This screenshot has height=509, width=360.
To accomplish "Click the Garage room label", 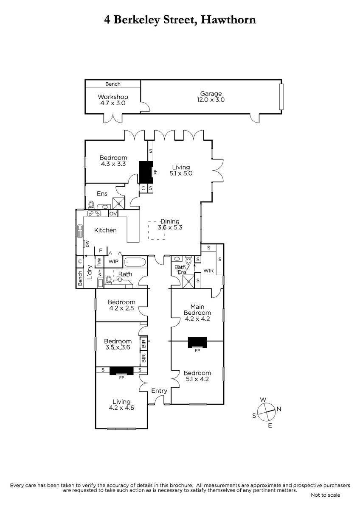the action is [211, 93].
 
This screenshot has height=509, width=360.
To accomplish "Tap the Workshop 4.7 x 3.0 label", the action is [113, 100].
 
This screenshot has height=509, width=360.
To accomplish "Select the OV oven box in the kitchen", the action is [113, 213].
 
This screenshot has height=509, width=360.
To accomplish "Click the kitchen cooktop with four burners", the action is [94, 213].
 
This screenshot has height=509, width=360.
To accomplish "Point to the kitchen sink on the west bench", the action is [80, 231].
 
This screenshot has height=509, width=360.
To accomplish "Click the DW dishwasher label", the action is [87, 244].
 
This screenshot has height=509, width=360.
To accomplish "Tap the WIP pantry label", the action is [113, 261].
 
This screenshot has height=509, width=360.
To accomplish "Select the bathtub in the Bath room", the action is [135, 262].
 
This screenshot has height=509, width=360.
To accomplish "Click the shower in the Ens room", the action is [119, 203].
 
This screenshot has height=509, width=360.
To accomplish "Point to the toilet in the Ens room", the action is [91, 204].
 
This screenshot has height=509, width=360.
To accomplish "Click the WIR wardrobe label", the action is [208, 271].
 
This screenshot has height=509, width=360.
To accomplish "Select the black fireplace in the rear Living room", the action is [146, 172].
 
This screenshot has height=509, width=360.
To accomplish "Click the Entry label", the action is [159, 391].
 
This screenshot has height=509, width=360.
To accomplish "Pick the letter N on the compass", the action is [279, 409].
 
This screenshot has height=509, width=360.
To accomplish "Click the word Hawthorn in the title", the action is [228, 20].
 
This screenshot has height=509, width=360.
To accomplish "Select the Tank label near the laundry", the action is [99, 262].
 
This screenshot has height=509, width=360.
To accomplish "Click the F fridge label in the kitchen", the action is [101, 250].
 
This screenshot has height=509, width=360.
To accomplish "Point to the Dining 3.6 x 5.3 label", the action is [170, 224].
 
